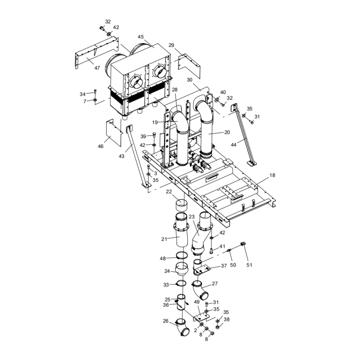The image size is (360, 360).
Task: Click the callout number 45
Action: [141, 37]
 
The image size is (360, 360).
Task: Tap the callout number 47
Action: [97, 67]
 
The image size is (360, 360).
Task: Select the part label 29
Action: [171, 45]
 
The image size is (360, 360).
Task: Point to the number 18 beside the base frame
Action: [272, 175]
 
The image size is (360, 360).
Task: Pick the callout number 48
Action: [163, 258]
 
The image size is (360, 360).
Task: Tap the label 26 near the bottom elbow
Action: [166, 321]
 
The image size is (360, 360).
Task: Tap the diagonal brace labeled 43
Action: [136, 155]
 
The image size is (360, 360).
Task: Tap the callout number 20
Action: [227, 132]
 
